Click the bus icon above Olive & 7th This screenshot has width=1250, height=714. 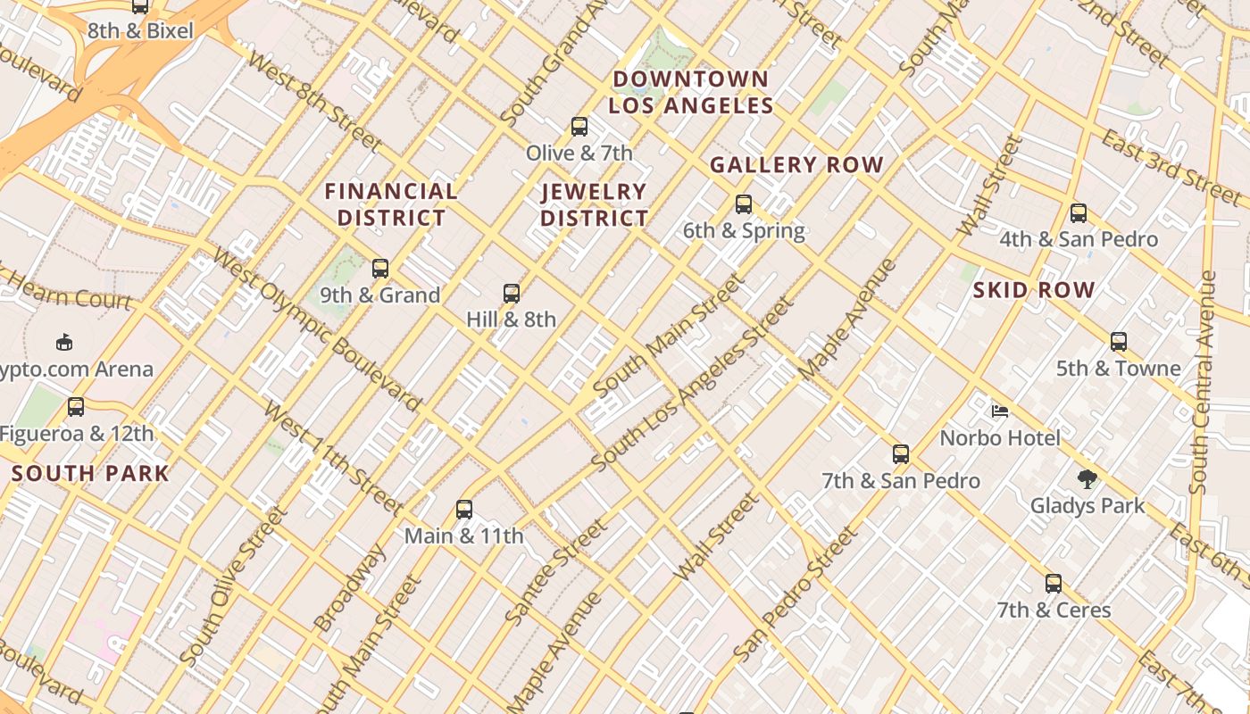coord(579,127)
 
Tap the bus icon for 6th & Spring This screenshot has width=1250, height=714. coord(744,204)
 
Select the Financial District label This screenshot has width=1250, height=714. coord(391,204)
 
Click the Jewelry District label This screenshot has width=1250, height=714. coord(594,204)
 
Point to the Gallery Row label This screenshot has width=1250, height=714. coord(796,165)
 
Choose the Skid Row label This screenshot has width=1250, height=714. coord(1034,290)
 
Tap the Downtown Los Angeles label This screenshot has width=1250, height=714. coord(690,92)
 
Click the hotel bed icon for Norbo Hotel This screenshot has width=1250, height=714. coord(1000,411)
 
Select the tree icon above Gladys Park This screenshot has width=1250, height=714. coord(1087,479)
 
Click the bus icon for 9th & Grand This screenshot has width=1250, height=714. coord(380,269)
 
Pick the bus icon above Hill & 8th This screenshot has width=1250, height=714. coord(512,293)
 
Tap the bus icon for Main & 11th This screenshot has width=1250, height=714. coord(464,510)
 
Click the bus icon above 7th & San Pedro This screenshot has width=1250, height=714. coord(901,454)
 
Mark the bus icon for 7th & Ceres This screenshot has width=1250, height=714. coord(1054,584)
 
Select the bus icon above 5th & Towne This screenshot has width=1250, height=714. coord(1119,342)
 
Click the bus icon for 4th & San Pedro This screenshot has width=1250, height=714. coord(1079,213)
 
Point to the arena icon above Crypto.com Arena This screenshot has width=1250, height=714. coord(64,342)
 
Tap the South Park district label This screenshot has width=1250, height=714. coord(90,473)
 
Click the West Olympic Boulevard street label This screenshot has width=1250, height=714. coord(317,331)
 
